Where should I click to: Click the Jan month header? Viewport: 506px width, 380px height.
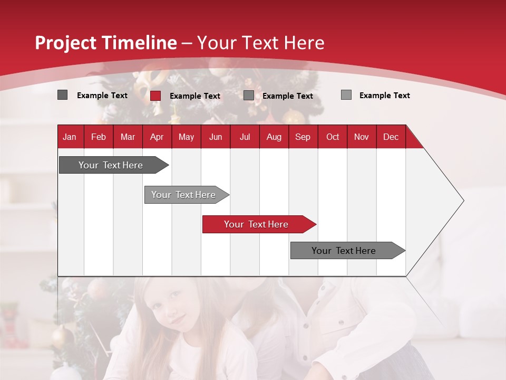point(70,137)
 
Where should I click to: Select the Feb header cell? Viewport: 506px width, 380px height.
point(99,137)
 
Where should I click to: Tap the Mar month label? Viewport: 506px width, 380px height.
point(128,137)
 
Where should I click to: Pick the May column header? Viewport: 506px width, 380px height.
point(186,137)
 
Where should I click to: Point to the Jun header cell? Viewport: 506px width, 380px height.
point(216,137)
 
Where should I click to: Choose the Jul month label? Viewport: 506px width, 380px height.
point(245,137)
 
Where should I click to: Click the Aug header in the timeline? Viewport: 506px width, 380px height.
point(274,137)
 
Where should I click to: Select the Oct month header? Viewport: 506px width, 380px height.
point(333,137)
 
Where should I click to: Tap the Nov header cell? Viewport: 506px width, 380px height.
point(362,137)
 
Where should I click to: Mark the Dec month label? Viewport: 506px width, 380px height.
point(391,137)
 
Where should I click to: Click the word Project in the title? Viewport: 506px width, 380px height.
point(66,43)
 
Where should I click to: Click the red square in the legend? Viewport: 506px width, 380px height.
point(155,96)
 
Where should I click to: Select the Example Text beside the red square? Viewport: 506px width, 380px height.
point(195,96)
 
